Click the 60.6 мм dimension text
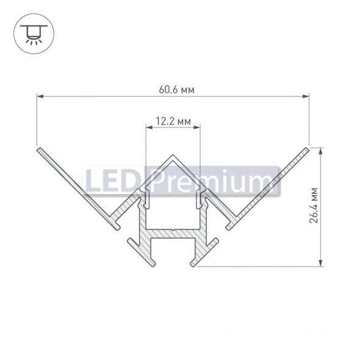pyautogui.click(x=173, y=90)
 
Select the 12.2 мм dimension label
pyautogui.click(x=173, y=121)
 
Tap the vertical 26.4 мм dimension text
pyautogui.click(x=313, y=206)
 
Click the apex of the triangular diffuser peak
pyautogui.click(x=173, y=156)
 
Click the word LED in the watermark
pyautogui.click(x=113, y=182)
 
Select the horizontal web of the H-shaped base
pyautogui.click(x=173, y=234)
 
